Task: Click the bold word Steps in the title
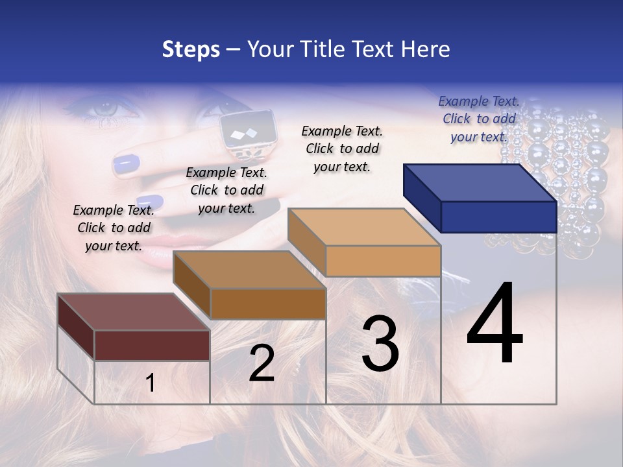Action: tap(191, 49)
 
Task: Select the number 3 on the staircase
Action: tap(380, 344)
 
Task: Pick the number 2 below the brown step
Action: tap(262, 363)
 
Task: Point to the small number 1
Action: tap(151, 383)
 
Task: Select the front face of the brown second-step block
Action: tap(268, 304)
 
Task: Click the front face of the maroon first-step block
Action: tap(152, 345)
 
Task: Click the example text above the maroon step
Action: tap(114, 228)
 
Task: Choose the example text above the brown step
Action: tap(226, 190)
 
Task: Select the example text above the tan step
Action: tap(342, 149)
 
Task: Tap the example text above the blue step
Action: tap(479, 119)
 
